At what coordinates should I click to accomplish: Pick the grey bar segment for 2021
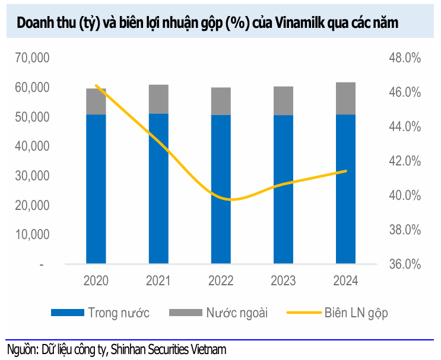point(158,99)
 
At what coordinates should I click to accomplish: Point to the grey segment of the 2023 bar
point(283,101)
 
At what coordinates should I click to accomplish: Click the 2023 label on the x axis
point(283,281)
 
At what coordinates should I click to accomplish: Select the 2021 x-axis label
point(158,281)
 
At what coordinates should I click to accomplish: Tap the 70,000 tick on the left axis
point(32,58)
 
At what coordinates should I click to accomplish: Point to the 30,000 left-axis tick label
point(32,176)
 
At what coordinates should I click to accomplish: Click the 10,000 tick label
point(32,234)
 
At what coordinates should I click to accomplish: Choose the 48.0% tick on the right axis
point(405,58)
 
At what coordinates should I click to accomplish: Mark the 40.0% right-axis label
point(405,195)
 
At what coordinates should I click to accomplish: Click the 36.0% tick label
point(405,264)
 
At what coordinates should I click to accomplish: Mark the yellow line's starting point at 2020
point(96,85)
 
